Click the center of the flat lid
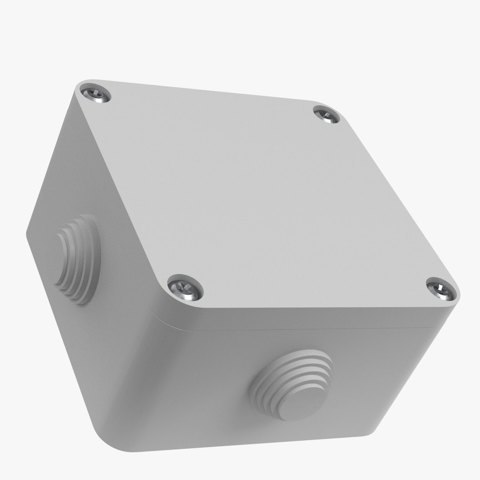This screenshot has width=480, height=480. pyautogui.click(x=262, y=196)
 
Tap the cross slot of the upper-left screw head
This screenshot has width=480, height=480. pyautogui.click(x=96, y=95)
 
